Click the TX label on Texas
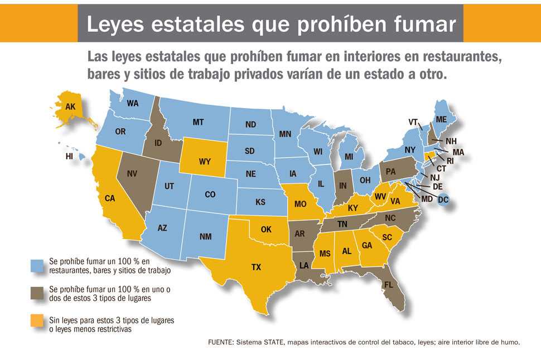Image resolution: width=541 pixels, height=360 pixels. coord(256,267)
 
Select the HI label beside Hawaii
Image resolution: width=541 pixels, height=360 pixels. coord(69,157)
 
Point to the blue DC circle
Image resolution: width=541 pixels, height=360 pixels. coord(443,199)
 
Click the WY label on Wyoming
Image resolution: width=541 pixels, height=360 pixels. coord(204,162)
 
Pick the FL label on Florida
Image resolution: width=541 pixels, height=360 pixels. coord(389,285)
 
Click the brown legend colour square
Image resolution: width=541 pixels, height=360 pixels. coord(38,293)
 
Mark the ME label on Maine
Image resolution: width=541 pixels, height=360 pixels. coord(441,120)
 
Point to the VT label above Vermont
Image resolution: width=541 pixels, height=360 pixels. coord(413,122)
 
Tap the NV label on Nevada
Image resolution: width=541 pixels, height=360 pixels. coord(132,174)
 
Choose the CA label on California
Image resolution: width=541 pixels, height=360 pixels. coord(110,198)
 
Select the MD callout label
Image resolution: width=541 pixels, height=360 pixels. coord(427,199)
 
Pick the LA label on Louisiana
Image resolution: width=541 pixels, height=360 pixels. coord(304,266)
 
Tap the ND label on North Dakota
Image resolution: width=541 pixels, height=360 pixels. coord(250,124)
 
